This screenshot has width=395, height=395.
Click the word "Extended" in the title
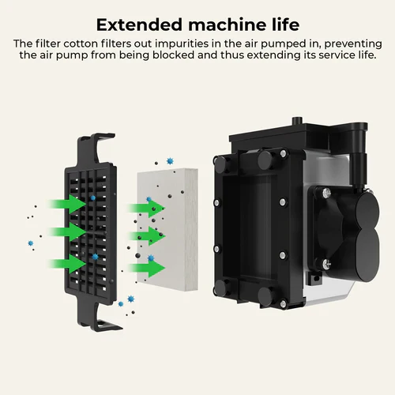point(139,24)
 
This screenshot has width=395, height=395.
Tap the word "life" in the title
point(285,24)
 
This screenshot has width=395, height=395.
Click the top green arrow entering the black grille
point(67,204)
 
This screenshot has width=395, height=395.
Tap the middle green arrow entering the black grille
point(67,231)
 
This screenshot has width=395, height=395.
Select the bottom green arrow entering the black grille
point(67,264)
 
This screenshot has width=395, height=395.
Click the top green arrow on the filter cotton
point(146,209)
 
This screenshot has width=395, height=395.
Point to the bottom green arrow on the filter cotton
point(146,268)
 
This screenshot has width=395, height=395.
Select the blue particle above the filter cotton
point(170,161)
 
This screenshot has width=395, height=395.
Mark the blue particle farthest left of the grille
point(31,243)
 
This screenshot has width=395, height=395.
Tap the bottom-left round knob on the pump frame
point(221,287)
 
